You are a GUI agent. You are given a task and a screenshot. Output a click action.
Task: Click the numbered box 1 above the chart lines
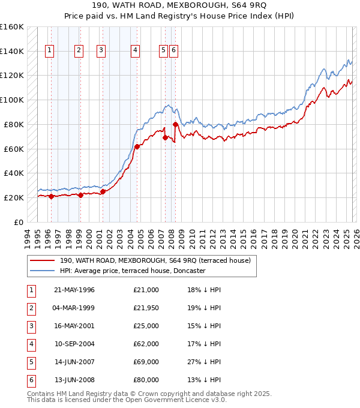[x=49, y=51]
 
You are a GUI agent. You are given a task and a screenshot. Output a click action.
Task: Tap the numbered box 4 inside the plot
[x=135, y=51]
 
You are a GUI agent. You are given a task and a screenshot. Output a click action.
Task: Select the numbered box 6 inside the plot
[x=173, y=51]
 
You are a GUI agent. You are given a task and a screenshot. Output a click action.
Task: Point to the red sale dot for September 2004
[x=137, y=146]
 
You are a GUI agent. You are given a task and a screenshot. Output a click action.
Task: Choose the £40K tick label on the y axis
[x=14, y=173]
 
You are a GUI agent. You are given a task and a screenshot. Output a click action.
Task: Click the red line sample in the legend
[x=42, y=260]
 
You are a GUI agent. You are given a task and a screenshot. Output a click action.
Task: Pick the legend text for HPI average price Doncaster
[x=133, y=271]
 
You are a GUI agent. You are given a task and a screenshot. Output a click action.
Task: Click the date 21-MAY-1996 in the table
[x=74, y=290]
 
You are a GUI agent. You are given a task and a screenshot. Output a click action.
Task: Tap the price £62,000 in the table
[x=146, y=344]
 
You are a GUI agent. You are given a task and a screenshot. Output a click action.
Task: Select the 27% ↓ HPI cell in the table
[x=204, y=362]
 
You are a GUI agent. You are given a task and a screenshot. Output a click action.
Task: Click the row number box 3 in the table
[x=29, y=326]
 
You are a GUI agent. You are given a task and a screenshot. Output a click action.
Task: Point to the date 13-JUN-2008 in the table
[x=74, y=380]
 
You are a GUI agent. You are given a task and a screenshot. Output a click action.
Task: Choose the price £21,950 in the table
[x=146, y=308]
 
